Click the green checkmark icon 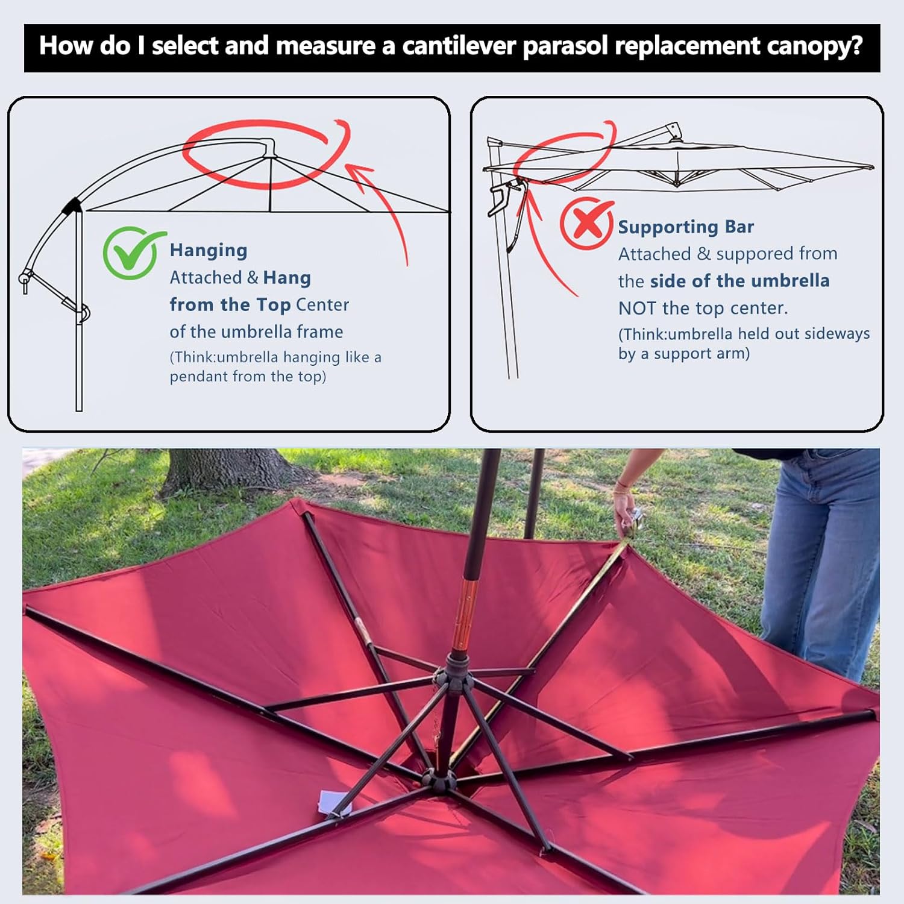click(131, 253)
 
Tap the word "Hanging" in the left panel click(209, 250)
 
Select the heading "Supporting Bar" click(686, 227)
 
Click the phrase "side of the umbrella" click(740, 281)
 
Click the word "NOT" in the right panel click(638, 309)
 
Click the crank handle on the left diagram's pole click(25, 279)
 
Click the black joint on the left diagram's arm click(74, 206)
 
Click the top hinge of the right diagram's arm click(672, 130)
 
